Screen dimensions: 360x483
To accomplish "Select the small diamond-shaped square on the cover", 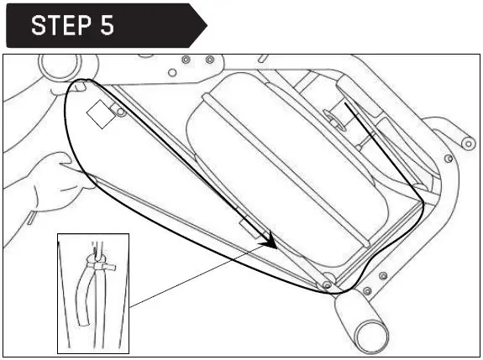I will click(101, 115).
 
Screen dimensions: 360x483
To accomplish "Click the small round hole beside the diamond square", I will click(123, 112).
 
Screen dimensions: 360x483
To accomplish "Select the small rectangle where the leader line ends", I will click(250, 227).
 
